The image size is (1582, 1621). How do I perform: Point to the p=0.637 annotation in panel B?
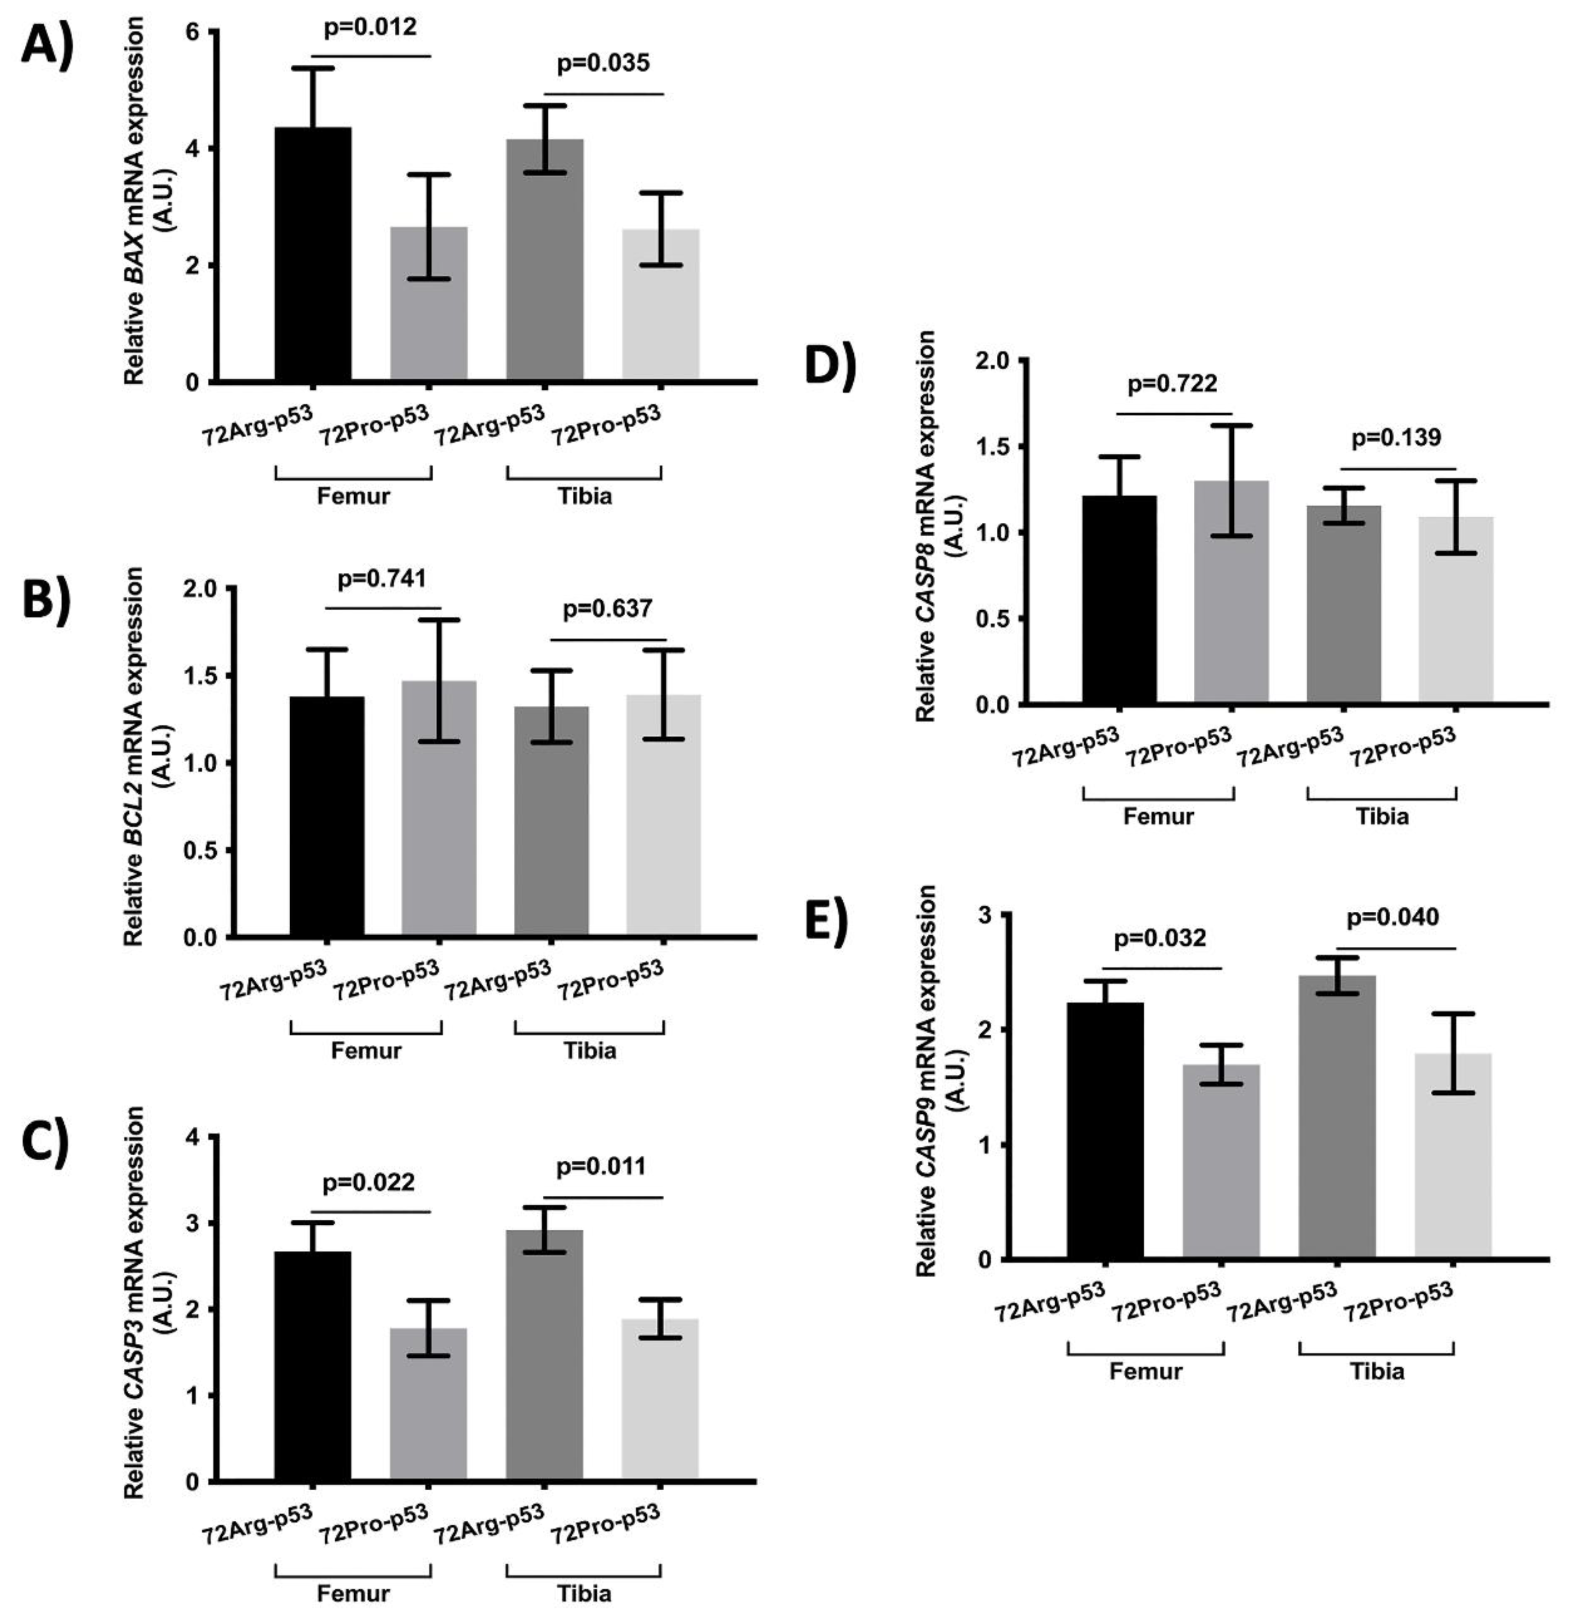pyautogui.click(x=607, y=609)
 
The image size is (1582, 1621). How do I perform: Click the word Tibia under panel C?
pyautogui.click(x=584, y=1593)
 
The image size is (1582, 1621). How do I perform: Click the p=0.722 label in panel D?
pyautogui.click(x=1173, y=383)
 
